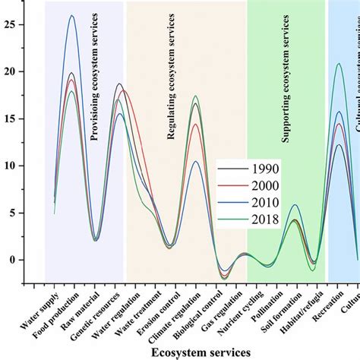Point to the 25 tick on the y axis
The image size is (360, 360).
click(x=11, y=24)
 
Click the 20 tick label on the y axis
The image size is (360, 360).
click(x=11, y=71)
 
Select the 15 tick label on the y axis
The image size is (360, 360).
click(x=11, y=118)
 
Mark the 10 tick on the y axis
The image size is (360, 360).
click(x=11, y=165)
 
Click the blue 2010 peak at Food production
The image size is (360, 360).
click(x=72, y=16)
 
